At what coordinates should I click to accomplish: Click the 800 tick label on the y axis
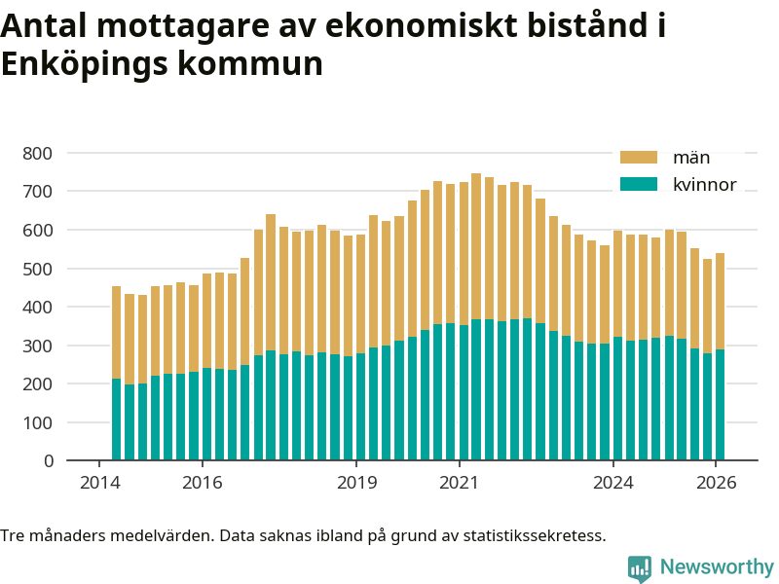[38, 153]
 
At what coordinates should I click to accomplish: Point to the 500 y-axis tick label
[38, 269]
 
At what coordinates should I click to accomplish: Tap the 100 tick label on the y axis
[38, 422]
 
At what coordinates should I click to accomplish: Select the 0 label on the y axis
[48, 461]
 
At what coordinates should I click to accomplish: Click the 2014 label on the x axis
[99, 484]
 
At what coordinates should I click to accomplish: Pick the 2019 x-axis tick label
[356, 484]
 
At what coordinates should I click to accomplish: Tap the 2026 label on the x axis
[717, 484]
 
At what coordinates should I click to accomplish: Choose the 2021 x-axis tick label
[460, 484]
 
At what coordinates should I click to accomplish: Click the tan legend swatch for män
[640, 158]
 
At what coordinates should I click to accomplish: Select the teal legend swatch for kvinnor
[640, 185]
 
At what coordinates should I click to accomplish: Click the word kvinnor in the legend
[704, 185]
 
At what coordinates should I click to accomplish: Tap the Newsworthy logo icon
[640, 568]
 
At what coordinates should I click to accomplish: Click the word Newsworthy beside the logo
[717, 567]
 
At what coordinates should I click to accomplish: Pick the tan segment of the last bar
[721, 302]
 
